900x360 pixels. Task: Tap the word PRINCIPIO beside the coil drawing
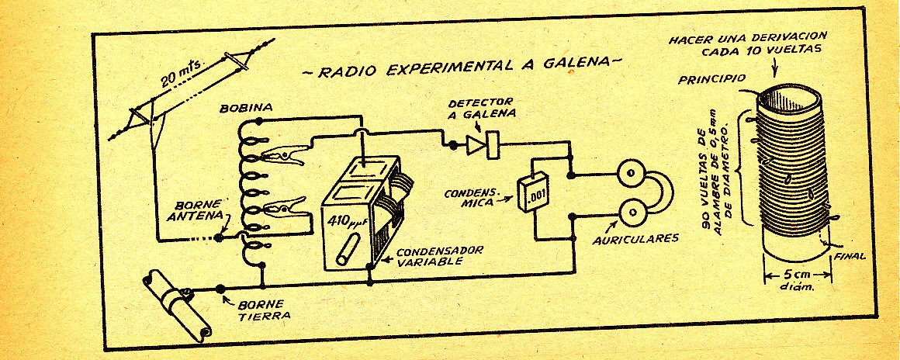point(711,80)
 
